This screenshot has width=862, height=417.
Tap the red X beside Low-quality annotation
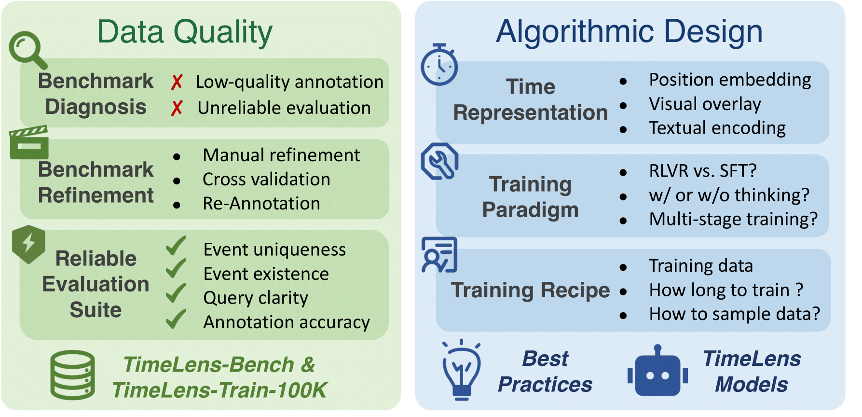[x=177, y=82]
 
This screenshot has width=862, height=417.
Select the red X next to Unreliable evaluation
[x=177, y=108]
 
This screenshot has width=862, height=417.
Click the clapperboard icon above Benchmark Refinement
[x=29, y=142]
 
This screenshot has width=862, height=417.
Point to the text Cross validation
[x=266, y=180]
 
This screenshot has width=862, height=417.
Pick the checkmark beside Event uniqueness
[x=176, y=246]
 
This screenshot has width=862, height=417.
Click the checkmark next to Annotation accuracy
[x=176, y=319]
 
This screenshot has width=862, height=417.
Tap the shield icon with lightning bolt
[x=28, y=244]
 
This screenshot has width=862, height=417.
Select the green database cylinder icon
[x=73, y=375]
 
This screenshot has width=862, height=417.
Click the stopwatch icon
[x=439, y=65]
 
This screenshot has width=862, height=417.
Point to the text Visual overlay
[x=705, y=104]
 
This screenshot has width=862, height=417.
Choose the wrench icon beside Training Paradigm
[x=439, y=162]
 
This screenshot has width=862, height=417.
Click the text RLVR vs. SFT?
[x=703, y=171]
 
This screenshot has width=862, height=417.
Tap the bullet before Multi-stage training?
[x=623, y=221]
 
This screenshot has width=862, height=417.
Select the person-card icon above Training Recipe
[x=439, y=255]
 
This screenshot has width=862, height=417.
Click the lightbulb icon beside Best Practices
[x=462, y=370]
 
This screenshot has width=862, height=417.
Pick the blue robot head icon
[x=657, y=371]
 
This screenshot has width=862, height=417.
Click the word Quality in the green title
[x=223, y=33]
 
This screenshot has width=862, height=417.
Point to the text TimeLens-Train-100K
[x=219, y=390]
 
